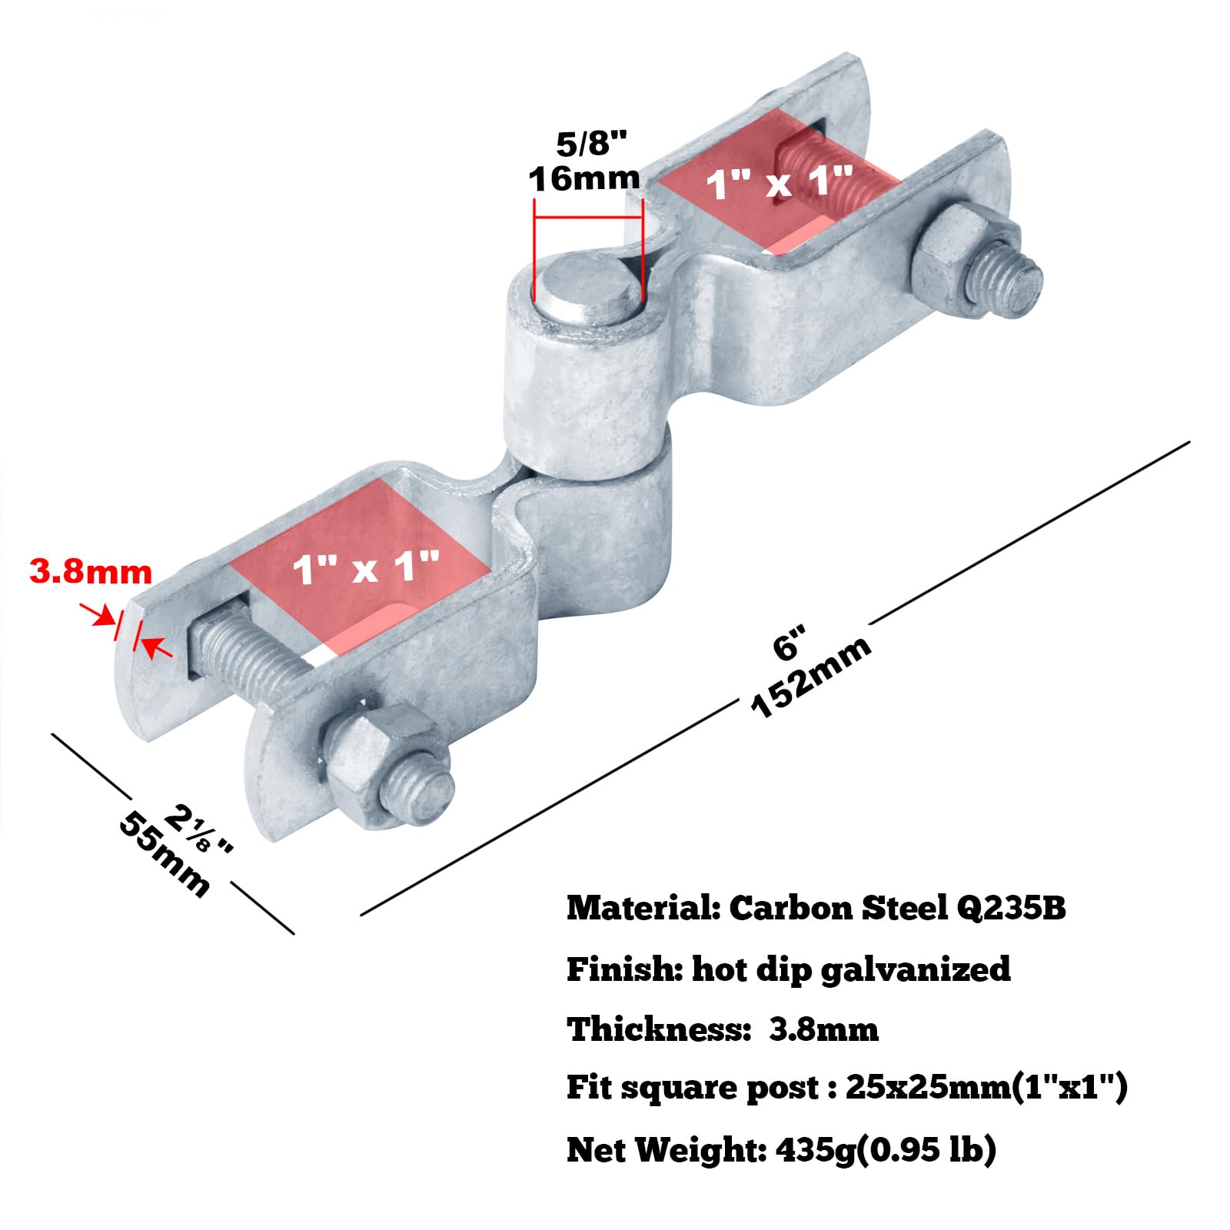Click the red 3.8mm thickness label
(x=91, y=572)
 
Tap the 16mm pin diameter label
(x=584, y=178)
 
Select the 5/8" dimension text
(x=591, y=143)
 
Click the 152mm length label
(x=810, y=676)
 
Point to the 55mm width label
(x=164, y=854)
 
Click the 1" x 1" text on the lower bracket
(x=365, y=568)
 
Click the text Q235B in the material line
(x=1011, y=908)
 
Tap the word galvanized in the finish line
(x=916, y=969)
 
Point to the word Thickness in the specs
(x=658, y=1029)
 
